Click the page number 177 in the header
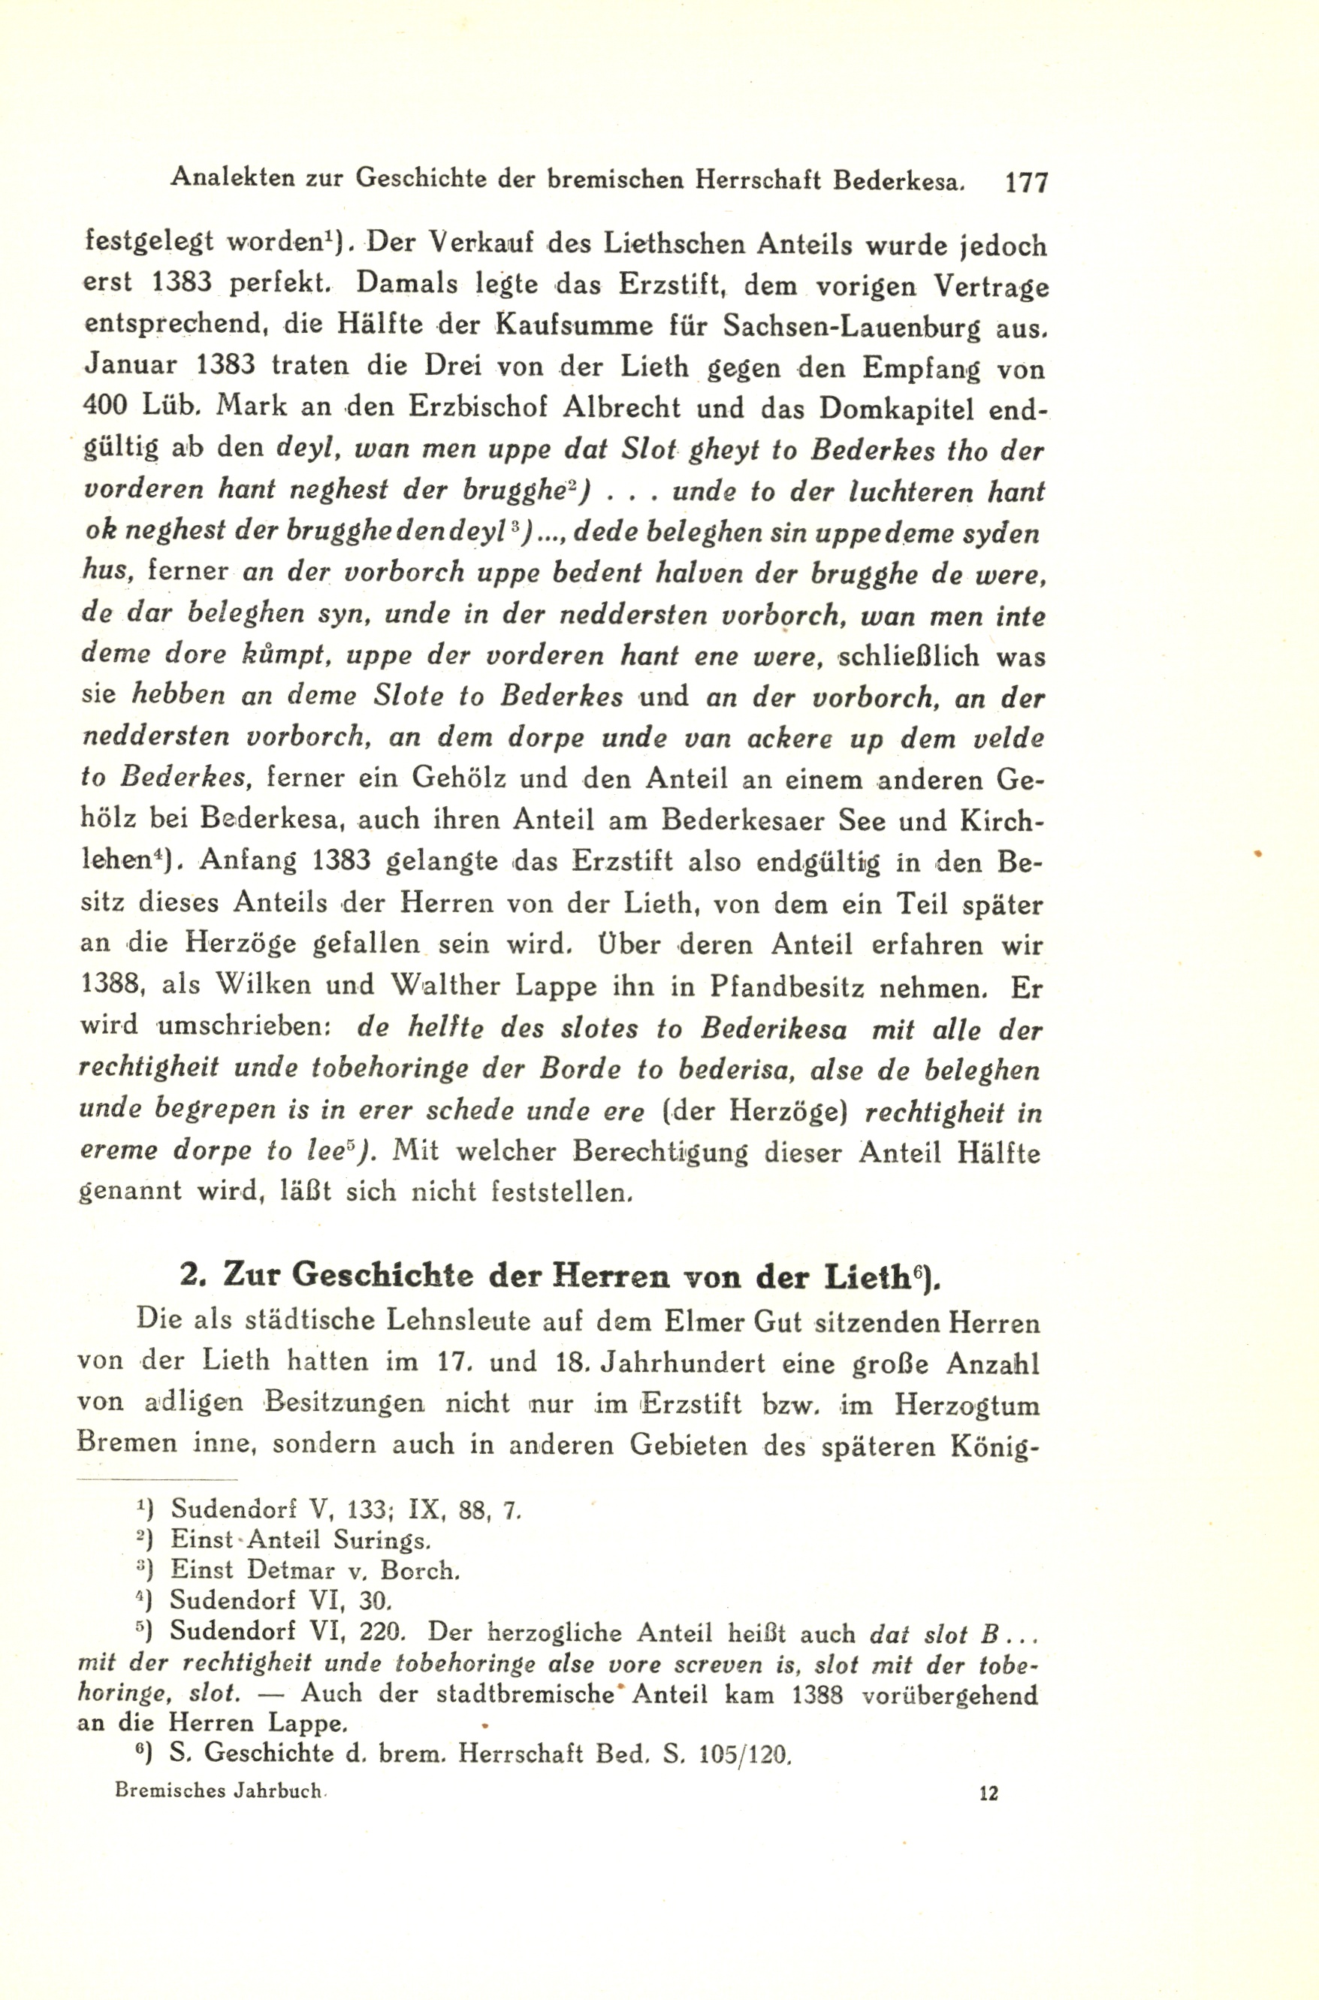pyautogui.click(x=1025, y=182)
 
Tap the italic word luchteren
pyautogui.click(x=885, y=491)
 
